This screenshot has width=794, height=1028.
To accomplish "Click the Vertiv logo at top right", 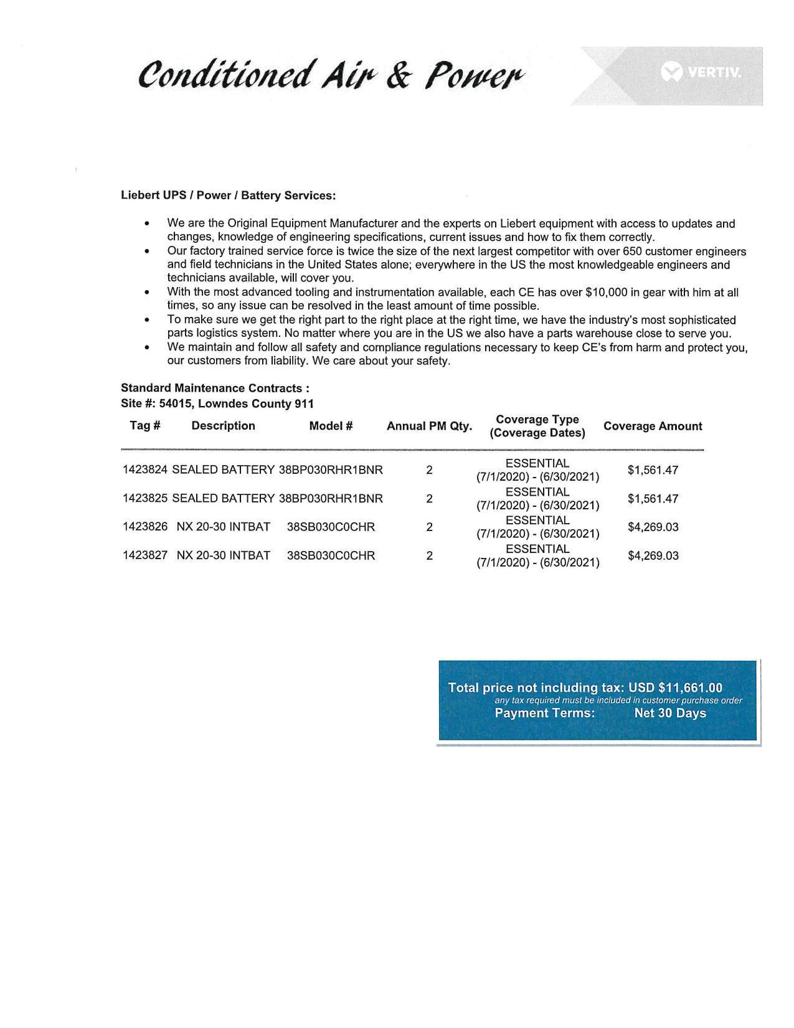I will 702,72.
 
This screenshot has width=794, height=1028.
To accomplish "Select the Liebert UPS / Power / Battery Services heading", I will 228,196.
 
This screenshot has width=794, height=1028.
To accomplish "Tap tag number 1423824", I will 144,470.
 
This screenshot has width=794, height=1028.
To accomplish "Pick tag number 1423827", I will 144,555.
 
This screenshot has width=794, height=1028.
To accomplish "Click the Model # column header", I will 331,426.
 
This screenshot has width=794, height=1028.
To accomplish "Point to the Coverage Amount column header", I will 652,427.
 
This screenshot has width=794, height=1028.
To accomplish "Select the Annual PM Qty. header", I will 429,427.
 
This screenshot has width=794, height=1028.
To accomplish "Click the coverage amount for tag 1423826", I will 653,527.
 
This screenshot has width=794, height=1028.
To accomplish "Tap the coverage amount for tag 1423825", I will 653,499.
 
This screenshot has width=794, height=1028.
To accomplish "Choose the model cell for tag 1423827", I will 331,555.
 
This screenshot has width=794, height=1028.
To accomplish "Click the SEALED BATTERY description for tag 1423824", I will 223,470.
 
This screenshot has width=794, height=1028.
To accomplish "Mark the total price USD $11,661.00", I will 675,688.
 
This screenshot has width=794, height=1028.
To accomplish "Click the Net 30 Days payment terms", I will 669,714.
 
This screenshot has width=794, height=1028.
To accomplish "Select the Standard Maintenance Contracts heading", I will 215,389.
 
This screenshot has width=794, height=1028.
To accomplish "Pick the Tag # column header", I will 144,426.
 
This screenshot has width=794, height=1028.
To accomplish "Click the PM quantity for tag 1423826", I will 429,527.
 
